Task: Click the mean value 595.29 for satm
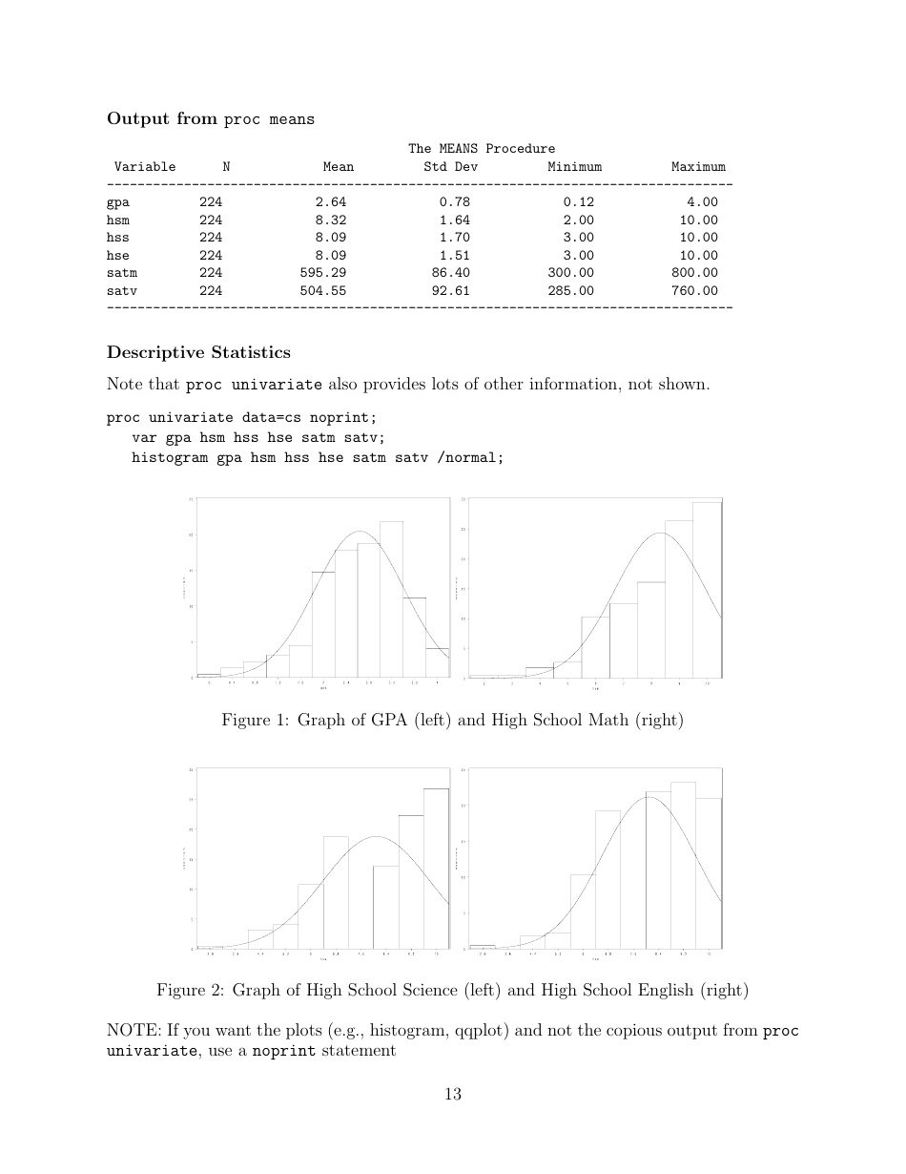coord(322,273)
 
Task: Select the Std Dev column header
coord(450,167)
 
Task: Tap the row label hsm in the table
coord(118,220)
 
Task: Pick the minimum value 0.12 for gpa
coord(578,202)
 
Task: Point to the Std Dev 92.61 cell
coord(450,291)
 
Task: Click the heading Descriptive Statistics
coord(198,353)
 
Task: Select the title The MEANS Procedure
coord(482,149)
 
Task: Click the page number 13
coord(453,1094)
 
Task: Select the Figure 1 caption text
coord(452,721)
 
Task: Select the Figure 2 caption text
coord(452,991)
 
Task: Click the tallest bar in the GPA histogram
coord(391,601)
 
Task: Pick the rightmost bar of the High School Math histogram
coord(707,592)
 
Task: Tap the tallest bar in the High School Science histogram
coord(436,869)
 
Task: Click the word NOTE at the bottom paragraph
coord(130,1031)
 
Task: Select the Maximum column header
coord(698,167)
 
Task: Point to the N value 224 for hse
coord(211,256)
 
